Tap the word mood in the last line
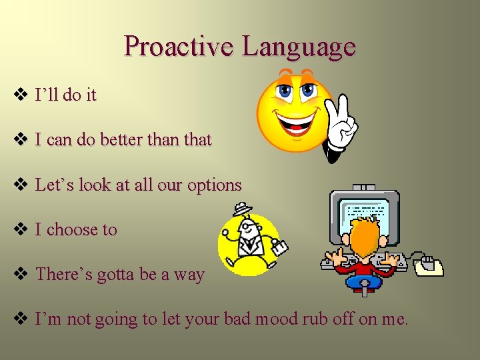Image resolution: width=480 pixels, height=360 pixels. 289,319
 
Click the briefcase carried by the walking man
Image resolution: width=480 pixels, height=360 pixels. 278,247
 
